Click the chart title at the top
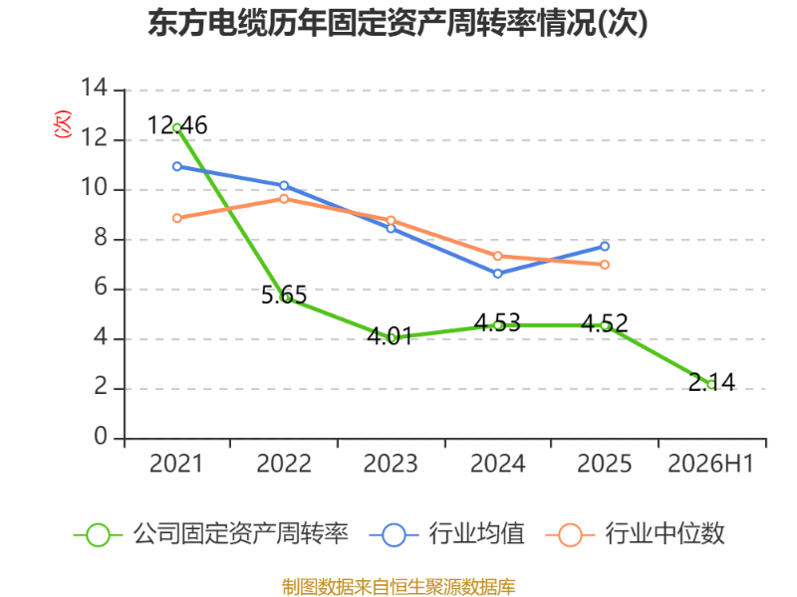398,23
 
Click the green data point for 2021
177,128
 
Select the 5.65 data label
284,295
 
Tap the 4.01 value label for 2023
390,336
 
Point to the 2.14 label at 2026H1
711,382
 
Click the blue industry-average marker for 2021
177,166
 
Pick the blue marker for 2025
605,246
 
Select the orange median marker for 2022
284,198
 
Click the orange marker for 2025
605,265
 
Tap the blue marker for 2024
497,274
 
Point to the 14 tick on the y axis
95,88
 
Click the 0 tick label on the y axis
101,437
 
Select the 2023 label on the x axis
391,464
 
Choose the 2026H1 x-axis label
710,464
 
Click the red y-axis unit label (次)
63,124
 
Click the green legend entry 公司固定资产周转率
211,534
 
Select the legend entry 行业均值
446,534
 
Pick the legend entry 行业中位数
635,534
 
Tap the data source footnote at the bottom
398,587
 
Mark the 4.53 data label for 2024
497,322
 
